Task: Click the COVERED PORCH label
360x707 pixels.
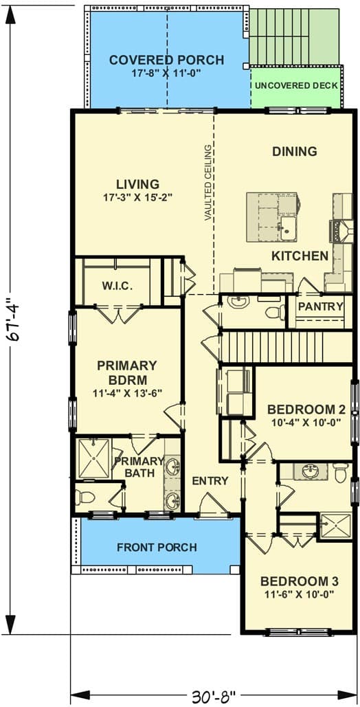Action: tap(166, 60)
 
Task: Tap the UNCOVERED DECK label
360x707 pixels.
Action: tap(296, 86)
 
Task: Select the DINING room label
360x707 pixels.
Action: tap(294, 151)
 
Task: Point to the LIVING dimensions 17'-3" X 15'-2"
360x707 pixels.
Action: tap(137, 197)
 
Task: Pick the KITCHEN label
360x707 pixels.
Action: tap(300, 256)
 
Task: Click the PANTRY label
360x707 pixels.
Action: tap(320, 306)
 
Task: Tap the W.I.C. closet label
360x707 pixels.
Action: tap(117, 285)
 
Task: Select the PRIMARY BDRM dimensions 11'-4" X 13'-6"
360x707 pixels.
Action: tap(126, 394)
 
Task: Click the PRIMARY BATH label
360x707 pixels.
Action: tap(139, 467)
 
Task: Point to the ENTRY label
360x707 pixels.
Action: tap(210, 481)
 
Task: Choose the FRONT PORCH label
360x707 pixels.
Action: tap(157, 548)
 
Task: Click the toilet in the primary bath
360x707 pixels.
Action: tap(87, 496)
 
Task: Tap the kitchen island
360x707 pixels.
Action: tap(272, 217)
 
